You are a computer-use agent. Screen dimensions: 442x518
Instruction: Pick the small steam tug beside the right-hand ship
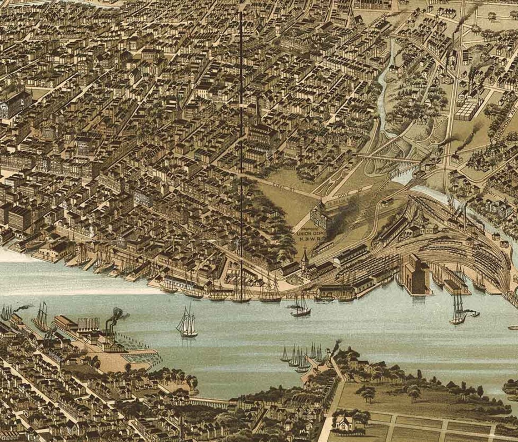474,314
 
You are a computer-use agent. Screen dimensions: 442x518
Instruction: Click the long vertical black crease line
240,136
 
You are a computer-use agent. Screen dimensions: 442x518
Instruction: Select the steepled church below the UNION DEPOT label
304,263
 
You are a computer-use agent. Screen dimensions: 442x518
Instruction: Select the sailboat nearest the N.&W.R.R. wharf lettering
300,306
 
